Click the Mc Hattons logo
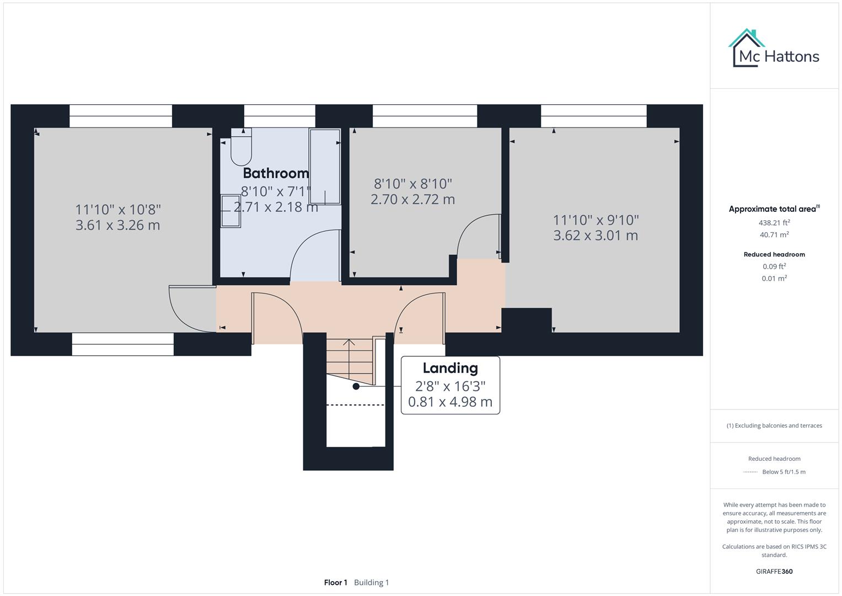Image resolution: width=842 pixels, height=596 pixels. [774, 49]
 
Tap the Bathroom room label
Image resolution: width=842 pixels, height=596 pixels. [276, 173]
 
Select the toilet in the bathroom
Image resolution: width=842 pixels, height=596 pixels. [241, 147]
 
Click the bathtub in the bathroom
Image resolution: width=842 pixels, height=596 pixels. [324, 167]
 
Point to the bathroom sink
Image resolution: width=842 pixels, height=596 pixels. [231, 211]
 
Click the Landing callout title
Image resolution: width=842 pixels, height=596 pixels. [450, 368]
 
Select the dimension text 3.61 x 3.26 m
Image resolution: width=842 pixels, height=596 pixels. [117, 225]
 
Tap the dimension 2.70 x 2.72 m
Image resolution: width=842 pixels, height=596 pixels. [412, 199]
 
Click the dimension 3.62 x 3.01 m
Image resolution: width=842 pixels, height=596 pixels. [596, 236]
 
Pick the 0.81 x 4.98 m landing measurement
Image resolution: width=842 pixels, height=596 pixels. [450, 402]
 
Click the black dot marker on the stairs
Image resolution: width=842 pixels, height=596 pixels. [356, 386]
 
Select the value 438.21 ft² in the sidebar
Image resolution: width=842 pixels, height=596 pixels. [774, 223]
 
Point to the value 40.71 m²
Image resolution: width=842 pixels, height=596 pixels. [774, 235]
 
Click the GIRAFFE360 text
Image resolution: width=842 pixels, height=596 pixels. [774, 571]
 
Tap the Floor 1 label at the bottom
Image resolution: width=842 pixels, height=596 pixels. [335, 582]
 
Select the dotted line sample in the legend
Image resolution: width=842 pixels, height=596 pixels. [750, 472]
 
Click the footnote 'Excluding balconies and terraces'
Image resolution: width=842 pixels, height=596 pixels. [774, 425]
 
